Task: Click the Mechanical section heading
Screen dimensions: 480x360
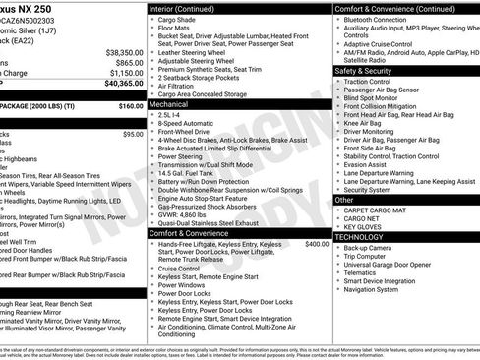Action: click(x=168, y=102)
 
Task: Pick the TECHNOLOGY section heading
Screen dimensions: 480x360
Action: click(x=360, y=237)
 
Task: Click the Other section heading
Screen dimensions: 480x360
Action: click(x=344, y=200)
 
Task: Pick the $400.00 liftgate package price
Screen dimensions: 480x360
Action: click(x=317, y=243)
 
